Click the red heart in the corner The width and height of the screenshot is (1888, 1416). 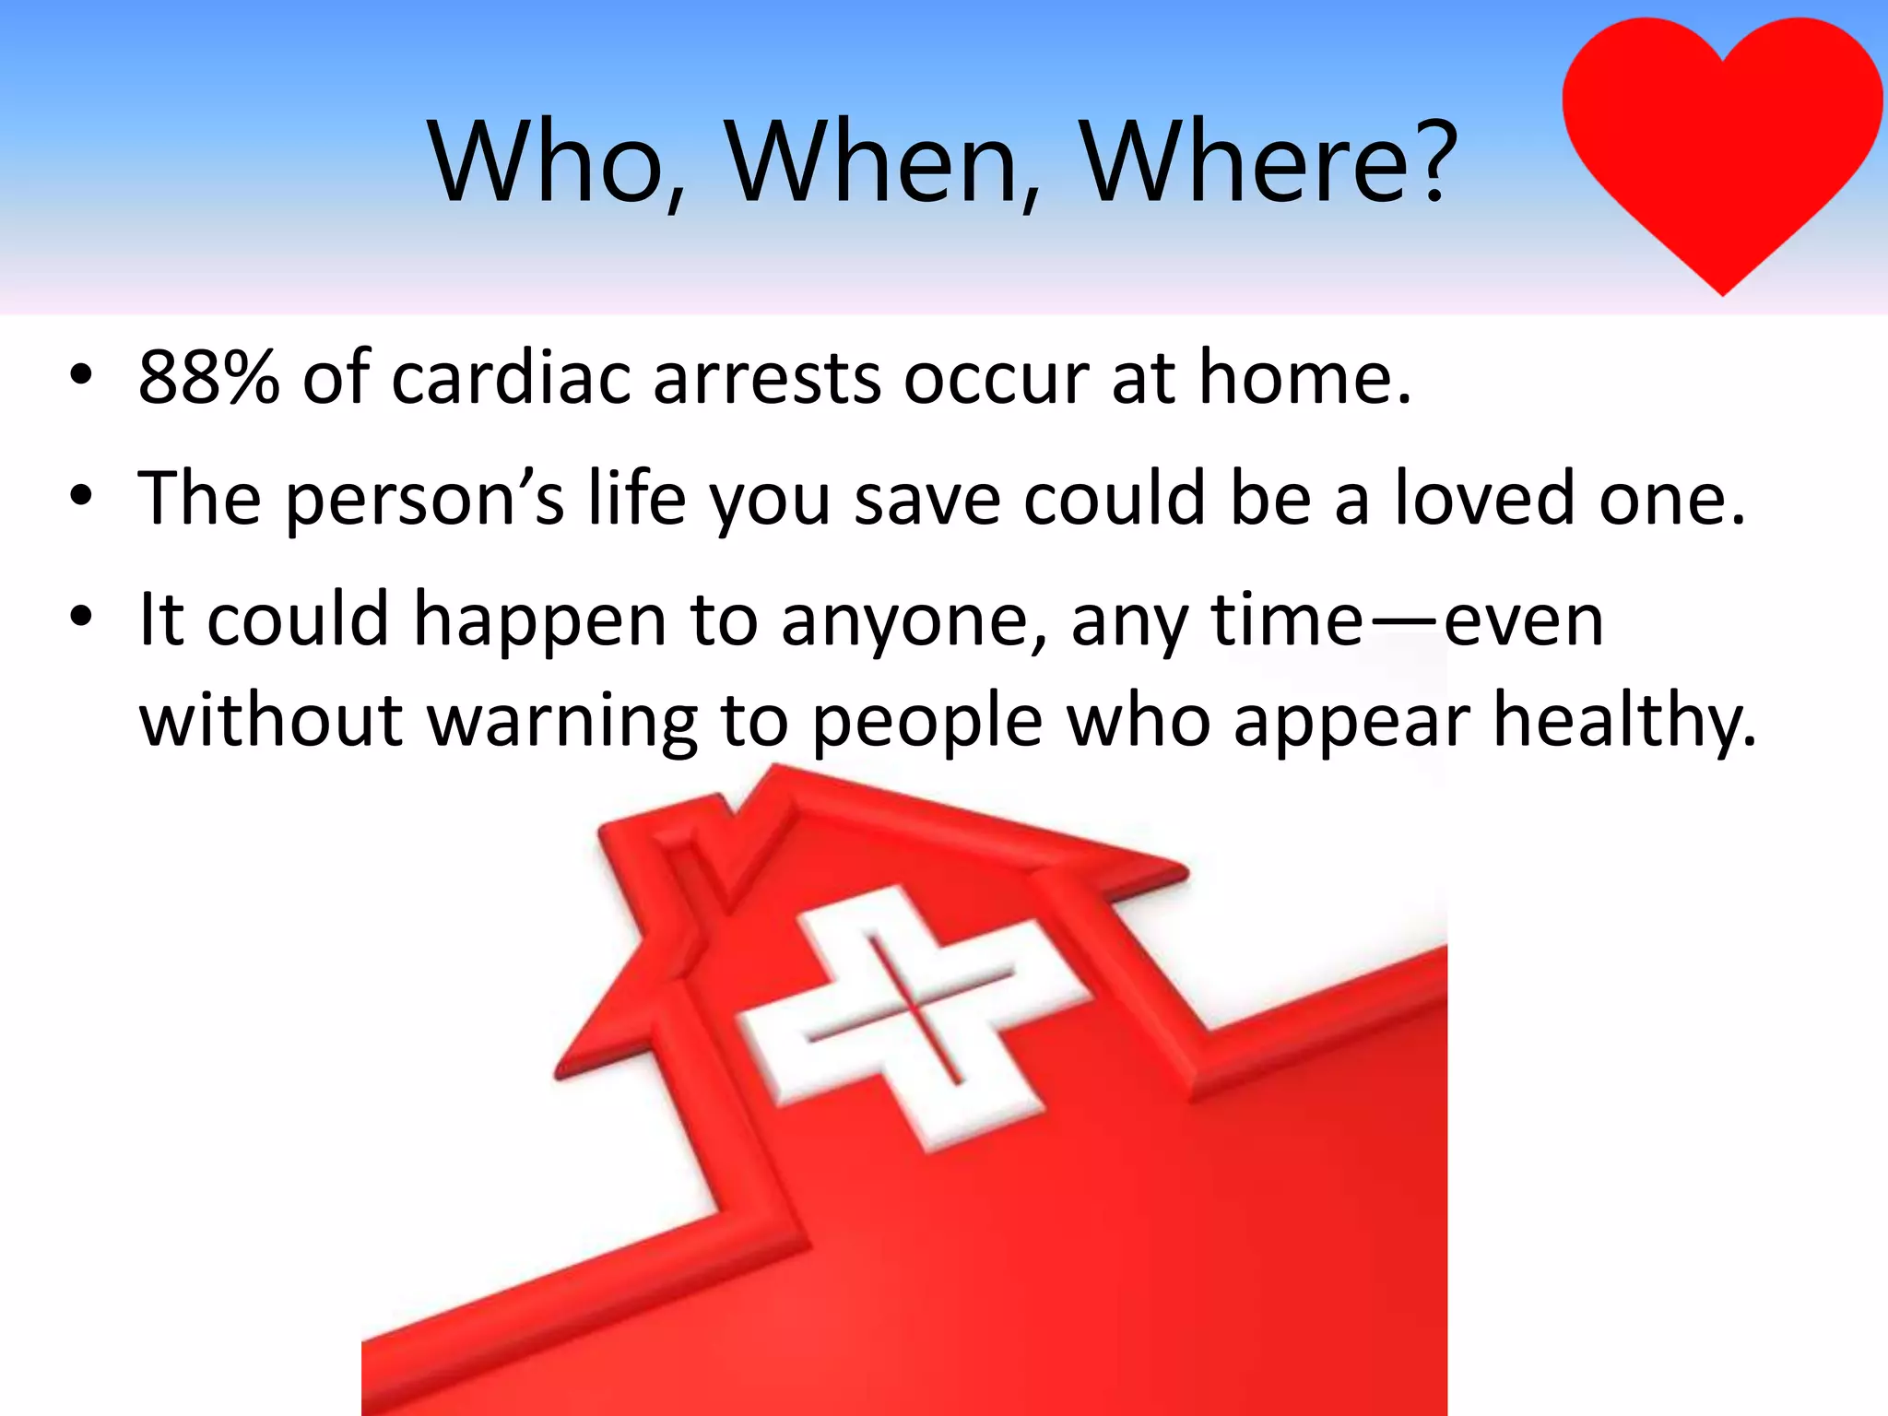click(1722, 138)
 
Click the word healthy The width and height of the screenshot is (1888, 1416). click(1623, 720)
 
